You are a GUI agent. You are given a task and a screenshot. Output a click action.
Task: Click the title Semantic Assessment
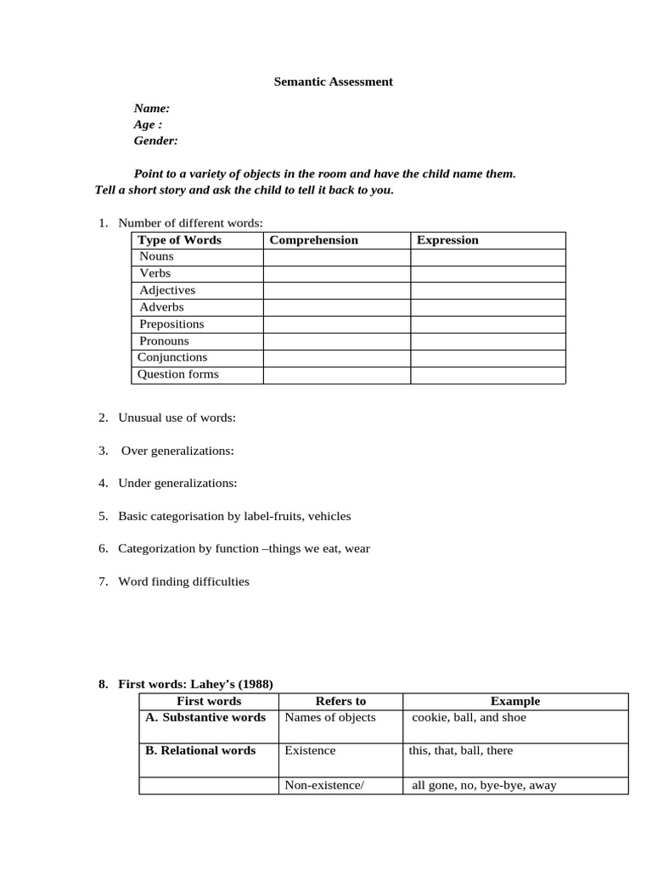click(333, 81)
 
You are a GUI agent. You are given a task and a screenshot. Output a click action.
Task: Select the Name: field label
click(152, 108)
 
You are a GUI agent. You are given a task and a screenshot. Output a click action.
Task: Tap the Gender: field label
click(155, 141)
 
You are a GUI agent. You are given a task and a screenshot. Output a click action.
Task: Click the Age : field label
click(149, 125)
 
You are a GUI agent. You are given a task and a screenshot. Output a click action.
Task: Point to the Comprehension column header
click(313, 240)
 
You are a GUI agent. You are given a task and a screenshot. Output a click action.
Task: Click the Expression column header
click(447, 240)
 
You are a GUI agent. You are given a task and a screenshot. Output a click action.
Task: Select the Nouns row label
click(156, 256)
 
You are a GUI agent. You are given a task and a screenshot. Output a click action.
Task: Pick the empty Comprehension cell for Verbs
click(336, 273)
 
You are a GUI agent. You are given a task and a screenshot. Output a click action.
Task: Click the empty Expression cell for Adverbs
click(487, 307)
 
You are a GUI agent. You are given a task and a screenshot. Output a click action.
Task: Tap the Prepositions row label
click(171, 324)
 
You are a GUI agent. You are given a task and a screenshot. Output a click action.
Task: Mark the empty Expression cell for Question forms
click(487, 374)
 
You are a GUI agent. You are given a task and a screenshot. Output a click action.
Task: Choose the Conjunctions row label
click(172, 357)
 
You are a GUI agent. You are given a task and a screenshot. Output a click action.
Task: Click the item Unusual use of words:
click(177, 418)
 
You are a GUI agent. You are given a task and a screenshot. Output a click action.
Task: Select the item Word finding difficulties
click(183, 581)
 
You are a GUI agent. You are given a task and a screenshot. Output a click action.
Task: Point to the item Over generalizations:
click(177, 451)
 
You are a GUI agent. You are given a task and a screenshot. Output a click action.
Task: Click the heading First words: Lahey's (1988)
click(195, 684)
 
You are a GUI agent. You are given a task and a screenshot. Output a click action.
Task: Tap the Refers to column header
click(340, 701)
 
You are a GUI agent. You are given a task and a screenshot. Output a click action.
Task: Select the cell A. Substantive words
click(205, 718)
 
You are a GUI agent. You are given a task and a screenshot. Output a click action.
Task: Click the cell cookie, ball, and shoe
click(469, 718)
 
